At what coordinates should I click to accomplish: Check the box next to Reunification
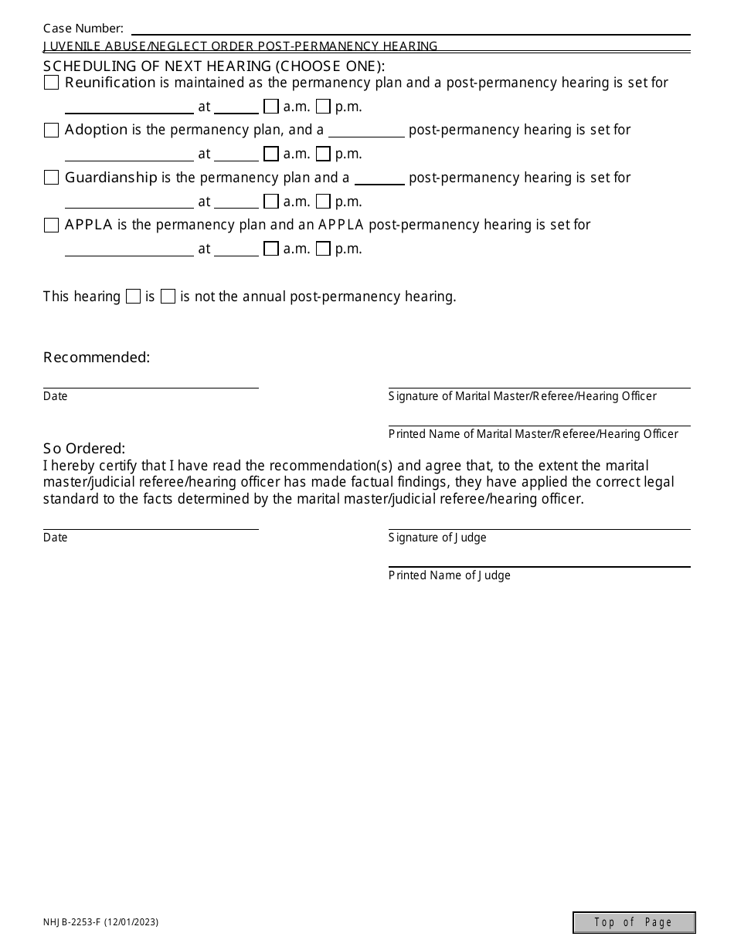click(x=51, y=83)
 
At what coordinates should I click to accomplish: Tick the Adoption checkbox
click(x=51, y=131)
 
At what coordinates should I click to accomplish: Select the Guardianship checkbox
click(x=51, y=178)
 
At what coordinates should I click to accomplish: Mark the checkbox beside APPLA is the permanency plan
click(x=51, y=226)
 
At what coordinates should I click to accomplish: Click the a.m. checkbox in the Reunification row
click(x=270, y=107)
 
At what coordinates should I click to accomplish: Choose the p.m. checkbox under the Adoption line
click(x=323, y=154)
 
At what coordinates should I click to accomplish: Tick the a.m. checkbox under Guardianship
click(x=270, y=202)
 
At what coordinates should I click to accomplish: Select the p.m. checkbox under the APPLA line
click(x=323, y=249)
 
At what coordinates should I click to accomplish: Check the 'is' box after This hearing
click(x=133, y=297)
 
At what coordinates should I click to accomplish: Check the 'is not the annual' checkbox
click(x=168, y=297)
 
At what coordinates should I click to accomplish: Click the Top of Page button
click(x=634, y=922)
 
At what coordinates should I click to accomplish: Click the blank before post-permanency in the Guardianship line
click(x=379, y=178)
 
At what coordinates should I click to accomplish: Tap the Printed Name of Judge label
click(x=449, y=575)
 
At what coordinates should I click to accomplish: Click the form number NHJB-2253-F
click(x=100, y=922)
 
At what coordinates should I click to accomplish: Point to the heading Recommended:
click(x=97, y=358)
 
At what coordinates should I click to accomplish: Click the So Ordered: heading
click(x=84, y=449)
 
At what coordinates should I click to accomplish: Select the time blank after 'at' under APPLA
click(x=236, y=249)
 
